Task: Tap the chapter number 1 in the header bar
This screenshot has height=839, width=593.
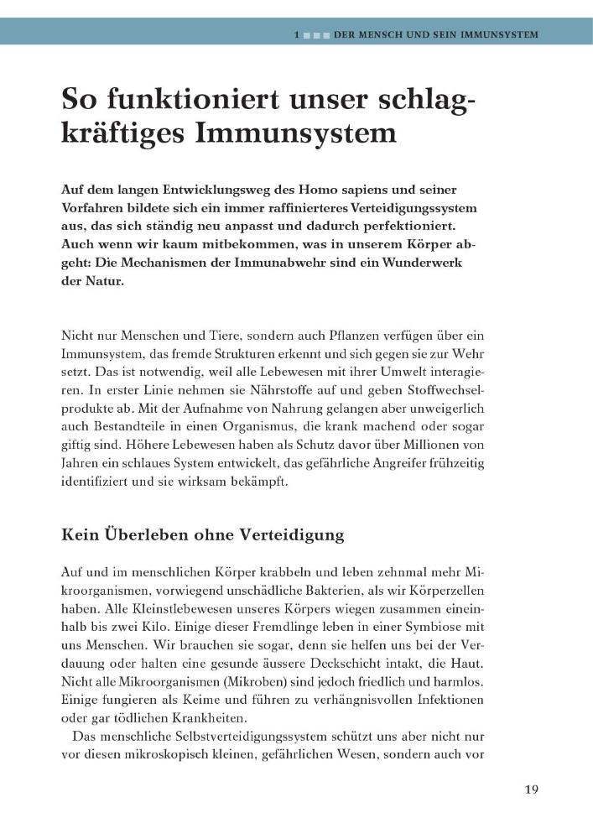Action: pos(298,35)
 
